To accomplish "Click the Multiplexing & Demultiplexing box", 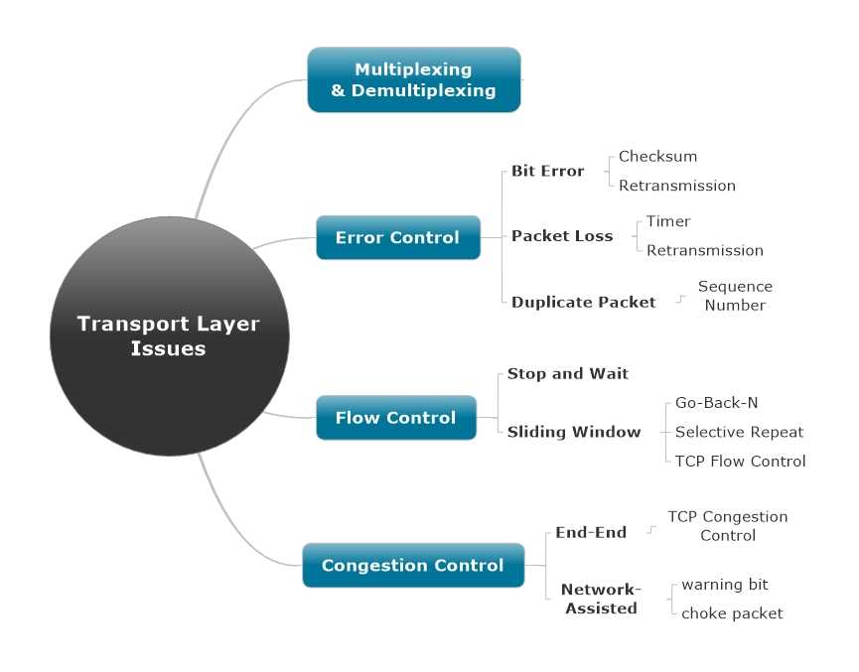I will click(413, 79).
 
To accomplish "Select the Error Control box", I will click(397, 237).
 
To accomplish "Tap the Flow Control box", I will click(395, 417).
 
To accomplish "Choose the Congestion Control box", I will click(412, 565).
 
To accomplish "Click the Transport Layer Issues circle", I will click(169, 336).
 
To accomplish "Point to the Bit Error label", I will click(547, 171).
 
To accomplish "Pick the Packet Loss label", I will click(561, 235).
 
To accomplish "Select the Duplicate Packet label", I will click(583, 302).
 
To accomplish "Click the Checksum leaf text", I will click(657, 156).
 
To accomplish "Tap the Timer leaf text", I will click(667, 221).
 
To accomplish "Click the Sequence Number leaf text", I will click(734, 296).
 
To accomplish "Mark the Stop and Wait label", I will click(567, 373).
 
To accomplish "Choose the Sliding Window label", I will click(573, 431).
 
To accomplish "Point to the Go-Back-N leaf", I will click(716, 402).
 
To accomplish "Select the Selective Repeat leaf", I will click(739, 431).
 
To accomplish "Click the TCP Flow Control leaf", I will click(740, 460).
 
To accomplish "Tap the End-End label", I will click(590, 532).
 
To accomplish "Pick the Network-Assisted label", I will click(601, 599).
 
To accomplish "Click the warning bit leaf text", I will click(724, 584).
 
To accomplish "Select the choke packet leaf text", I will click(731, 612).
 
